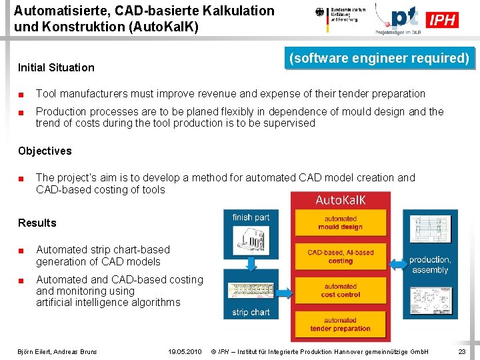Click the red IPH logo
443,20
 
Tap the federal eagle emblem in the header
320,13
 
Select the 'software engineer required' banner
379,58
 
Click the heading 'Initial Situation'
56,67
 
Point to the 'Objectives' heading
45,151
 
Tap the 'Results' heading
37,223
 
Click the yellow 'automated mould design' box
341,223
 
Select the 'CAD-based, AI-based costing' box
341,257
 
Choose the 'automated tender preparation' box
341,325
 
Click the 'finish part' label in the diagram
251,217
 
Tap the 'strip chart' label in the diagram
251,312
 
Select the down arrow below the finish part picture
251,264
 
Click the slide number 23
462,351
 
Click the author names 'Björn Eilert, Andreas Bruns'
57,351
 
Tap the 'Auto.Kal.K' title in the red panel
341,200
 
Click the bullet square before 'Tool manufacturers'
21,94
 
